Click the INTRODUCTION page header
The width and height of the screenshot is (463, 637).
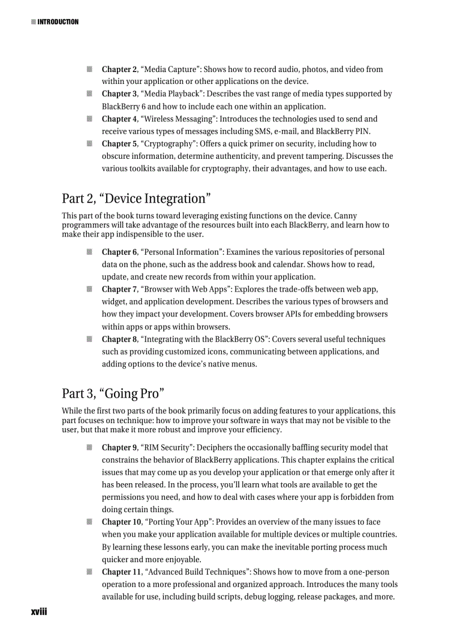[57, 22]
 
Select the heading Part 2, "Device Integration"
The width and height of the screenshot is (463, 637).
[136, 199]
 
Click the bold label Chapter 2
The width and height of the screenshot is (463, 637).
[119, 69]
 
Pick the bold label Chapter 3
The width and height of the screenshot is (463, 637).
[119, 94]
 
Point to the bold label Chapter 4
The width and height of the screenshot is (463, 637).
[119, 119]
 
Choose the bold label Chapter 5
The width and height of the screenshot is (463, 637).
[119, 144]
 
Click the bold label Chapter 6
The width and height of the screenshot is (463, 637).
[119, 252]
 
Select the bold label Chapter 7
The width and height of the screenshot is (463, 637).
[119, 289]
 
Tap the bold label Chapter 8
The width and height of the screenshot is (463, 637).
[119, 339]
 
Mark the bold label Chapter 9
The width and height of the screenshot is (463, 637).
[119, 448]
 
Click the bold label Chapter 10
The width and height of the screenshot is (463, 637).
[121, 522]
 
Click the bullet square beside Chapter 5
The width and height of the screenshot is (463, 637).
[90, 144]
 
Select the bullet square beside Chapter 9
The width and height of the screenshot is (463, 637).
[90, 448]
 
